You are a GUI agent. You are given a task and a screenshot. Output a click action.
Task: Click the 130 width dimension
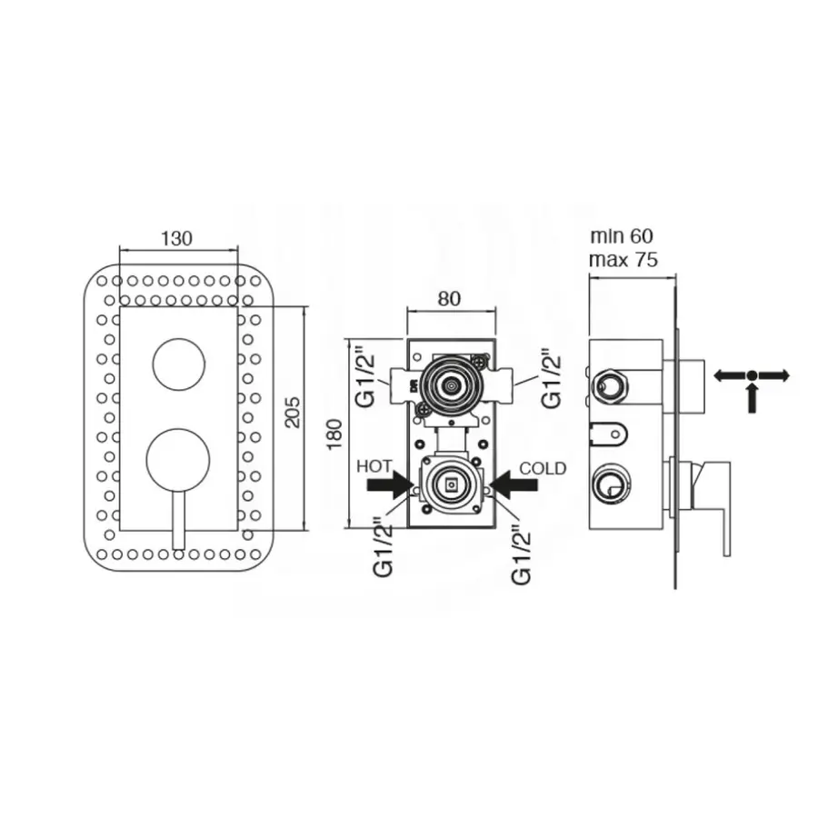177,238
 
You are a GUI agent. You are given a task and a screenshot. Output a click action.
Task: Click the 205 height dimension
294,413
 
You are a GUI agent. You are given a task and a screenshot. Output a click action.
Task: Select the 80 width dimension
449,298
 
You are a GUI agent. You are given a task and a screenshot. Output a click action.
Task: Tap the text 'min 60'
622,235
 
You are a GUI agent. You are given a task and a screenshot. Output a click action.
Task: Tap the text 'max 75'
623,259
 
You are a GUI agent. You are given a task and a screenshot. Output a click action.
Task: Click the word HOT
374,466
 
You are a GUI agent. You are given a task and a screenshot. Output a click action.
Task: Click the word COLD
543,468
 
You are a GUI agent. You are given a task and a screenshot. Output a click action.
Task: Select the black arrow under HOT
390,484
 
